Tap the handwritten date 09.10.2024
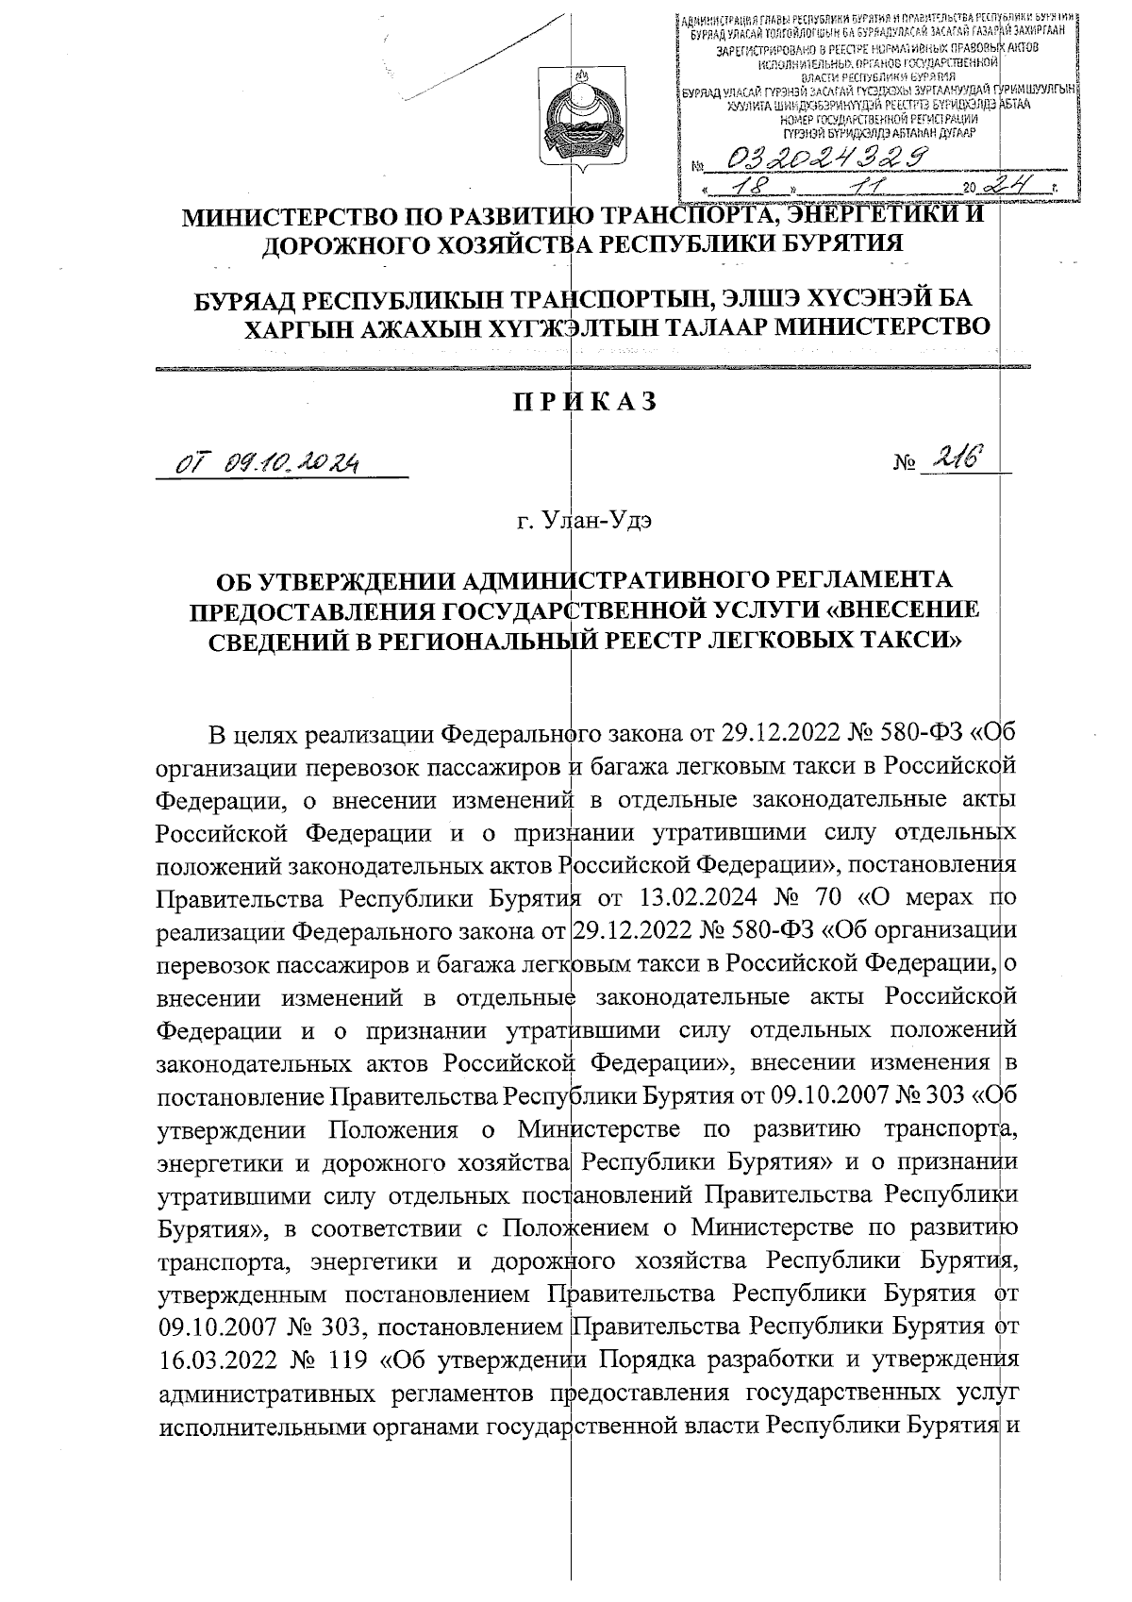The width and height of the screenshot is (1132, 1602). (293, 463)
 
